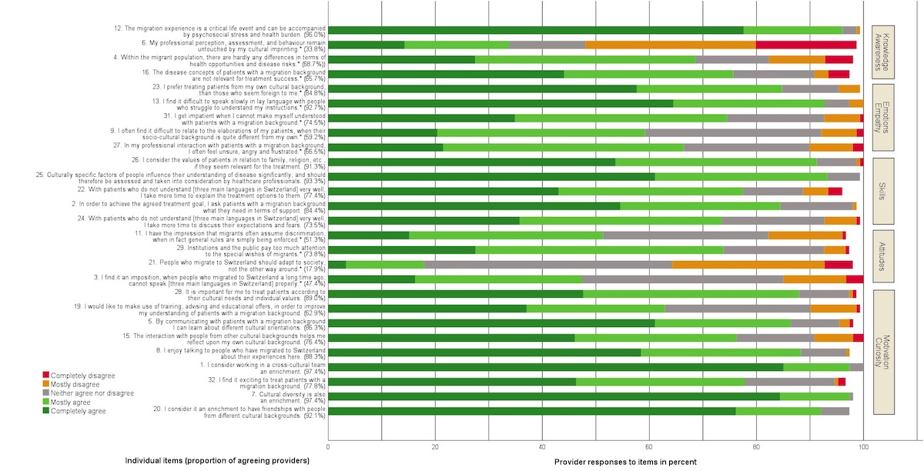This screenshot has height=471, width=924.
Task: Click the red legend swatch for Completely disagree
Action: (x=46, y=375)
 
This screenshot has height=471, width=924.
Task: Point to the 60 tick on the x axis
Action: (x=649, y=446)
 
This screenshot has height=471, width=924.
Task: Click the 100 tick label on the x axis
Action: (x=863, y=446)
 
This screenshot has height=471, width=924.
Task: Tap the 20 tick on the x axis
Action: (x=435, y=446)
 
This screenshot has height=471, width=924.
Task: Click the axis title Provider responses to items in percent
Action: (x=624, y=461)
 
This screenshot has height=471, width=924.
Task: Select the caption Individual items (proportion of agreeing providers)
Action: (x=217, y=461)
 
